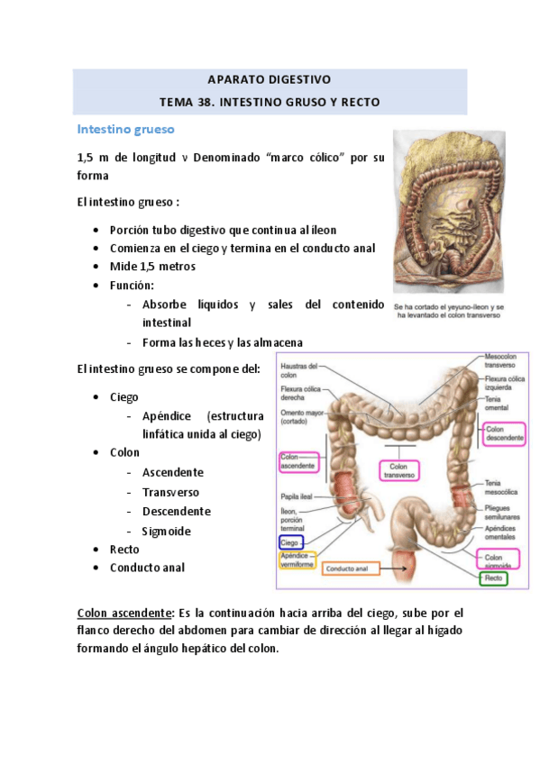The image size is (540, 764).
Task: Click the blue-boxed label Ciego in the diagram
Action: tap(290, 541)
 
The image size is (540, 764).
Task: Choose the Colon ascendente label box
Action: tap(297, 461)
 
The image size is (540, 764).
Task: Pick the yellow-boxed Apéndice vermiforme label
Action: tap(297, 559)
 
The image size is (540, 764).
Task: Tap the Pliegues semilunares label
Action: tap(500, 513)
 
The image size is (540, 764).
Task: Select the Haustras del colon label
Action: tap(299, 370)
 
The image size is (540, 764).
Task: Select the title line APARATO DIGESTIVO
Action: tap(270, 79)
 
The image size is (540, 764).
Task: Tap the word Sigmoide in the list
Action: tap(166, 532)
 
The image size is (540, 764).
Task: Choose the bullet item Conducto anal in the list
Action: tap(147, 568)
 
